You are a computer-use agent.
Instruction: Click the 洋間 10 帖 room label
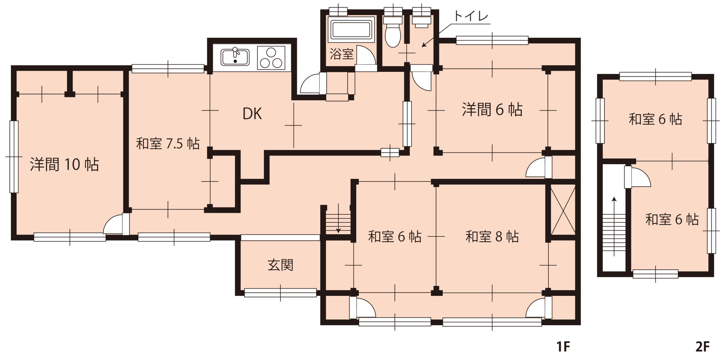click(64, 164)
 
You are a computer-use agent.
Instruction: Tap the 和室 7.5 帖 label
click(168, 144)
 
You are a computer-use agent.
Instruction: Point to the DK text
click(252, 114)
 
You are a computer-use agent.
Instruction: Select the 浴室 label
click(342, 54)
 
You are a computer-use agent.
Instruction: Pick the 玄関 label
click(280, 265)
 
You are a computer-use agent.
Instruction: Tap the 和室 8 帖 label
click(492, 237)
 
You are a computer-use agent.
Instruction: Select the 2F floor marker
click(703, 347)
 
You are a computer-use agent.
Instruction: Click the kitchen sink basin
click(235, 57)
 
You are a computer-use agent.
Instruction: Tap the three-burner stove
click(271, 58)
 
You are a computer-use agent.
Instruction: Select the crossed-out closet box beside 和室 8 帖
click(563, 210)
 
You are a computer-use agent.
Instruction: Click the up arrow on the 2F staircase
click(614, 227)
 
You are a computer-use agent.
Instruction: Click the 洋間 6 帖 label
click(492, 110)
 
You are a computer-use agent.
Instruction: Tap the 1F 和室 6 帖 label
click(395, 237)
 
